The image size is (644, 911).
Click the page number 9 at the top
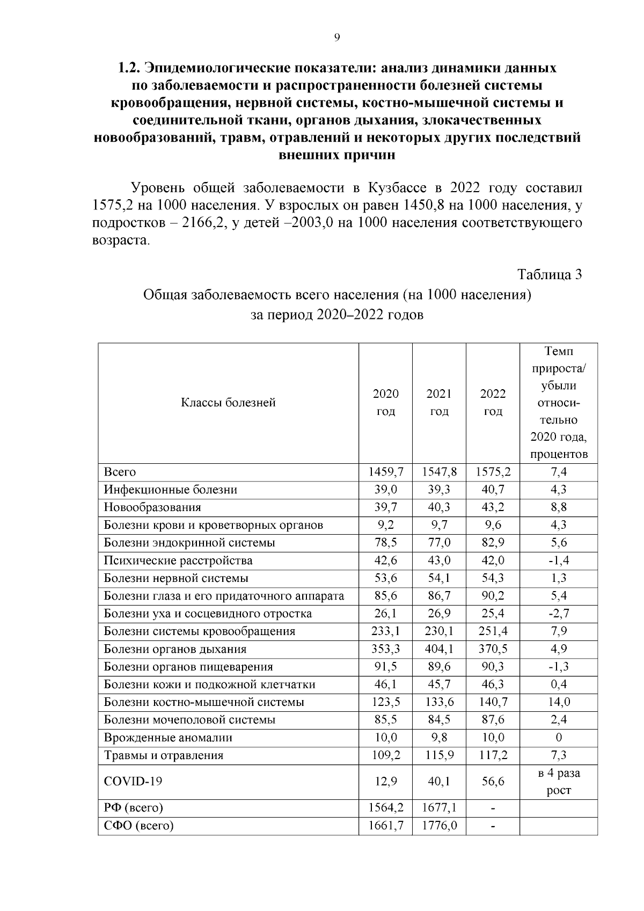pyautogui.click(x=336, y=37)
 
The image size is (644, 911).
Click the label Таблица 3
pyautogui.click(x=549, y=274)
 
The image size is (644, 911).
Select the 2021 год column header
pyautogui.click(x=438, y=403)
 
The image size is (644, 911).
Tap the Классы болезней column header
pyautogui.click(x=228, y=403)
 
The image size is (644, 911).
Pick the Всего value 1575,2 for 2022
pyautogui.click(x=493, y=472)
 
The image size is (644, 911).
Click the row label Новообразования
pyautogui.click(x=152, y=507)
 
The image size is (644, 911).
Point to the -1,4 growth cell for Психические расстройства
pyautogui.click(x=558, y=560)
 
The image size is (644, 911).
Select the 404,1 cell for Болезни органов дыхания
pyautogui.click(x=438, y=649)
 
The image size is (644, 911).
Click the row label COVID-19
pyautogui.click(x=133, y=781)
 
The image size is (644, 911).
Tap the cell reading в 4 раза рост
pyautogui.click(x=558, y=782)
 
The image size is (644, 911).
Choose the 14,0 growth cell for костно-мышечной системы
pyautogui.click(x=558, y=702)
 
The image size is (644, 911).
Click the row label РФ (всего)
pyautogui.click(x=133, y=807)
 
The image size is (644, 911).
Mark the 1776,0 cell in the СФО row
pyautogui.click(x=438, y=825)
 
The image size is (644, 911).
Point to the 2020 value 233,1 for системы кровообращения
pyautogui.click(x=385, y=631)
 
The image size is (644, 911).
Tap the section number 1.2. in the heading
pyautogui.click(x=129, y=68)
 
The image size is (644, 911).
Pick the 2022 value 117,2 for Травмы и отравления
pyautogui.click(x=493, y=755)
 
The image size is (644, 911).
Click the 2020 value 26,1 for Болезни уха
pyautogui.click(x=385, y=614)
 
